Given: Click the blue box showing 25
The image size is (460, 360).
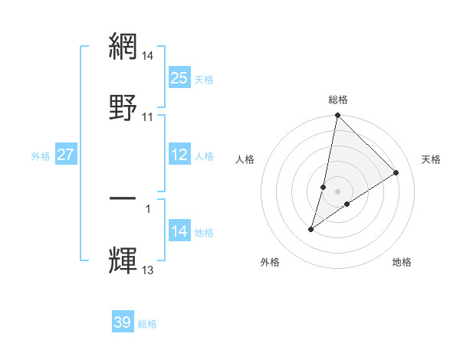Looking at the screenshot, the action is [x=179, y=78].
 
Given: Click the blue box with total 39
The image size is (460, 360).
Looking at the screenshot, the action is [x=122, y=322].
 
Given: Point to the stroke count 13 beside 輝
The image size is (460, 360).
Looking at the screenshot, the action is [x=147, y=270].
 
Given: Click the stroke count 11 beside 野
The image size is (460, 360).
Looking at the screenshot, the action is [x=147, y=117].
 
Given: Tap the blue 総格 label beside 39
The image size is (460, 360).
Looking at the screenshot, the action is [x=147, y=324].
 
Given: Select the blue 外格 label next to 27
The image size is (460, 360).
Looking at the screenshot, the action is [x=41, y=156].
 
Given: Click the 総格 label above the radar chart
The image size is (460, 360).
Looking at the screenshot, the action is [x=338, y=100].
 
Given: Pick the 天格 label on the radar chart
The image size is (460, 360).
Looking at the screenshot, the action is [x=431, y=159].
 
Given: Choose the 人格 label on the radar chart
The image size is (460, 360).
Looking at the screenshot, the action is [x=245, y=159].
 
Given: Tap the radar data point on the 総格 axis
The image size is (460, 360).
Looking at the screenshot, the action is [x=337, y=116].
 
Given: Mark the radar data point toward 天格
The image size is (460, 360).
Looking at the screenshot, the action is [x=396, y=172].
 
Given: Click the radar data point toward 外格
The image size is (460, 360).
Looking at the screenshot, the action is [x=311, y=229].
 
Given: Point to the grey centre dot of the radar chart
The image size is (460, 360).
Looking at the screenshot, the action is [x=337, y=191].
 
